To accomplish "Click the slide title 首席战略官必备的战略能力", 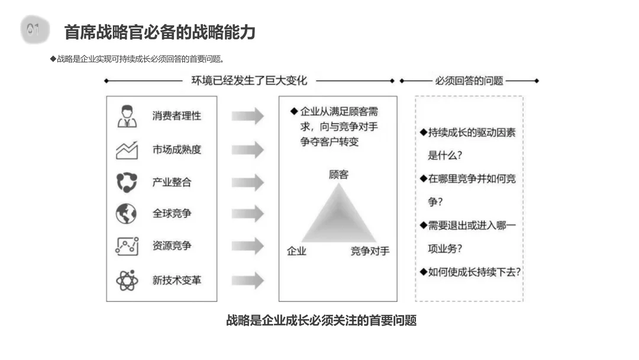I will click(160, 31).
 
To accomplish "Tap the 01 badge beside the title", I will click(33, 30).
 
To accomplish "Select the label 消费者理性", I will click(176, 115).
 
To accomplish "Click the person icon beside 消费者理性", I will click(127, 116).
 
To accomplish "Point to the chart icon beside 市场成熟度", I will click(127, 150).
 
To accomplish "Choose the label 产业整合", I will click(172, 182).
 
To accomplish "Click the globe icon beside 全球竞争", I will click(126, 213).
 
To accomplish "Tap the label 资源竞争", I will click(172, 245).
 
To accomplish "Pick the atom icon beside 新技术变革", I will click(127, 279).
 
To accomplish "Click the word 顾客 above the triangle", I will click(338, 174).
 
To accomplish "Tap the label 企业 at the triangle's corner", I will click(296, 251).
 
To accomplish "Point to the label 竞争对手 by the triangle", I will click(370, 251).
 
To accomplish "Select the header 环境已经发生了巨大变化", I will click(249, 81).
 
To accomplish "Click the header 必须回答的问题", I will click(469, 81).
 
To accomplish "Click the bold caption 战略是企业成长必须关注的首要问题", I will click(321, 320).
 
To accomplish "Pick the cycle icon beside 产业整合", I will click(126, 182).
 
